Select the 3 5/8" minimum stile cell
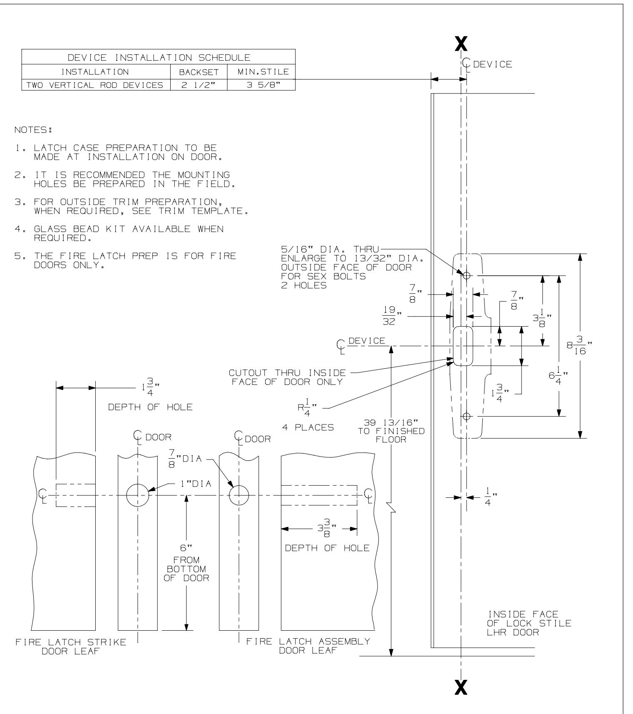(261, 85)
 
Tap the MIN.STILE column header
(261, 72)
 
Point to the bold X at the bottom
(461, 686)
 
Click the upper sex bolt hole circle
(467, 275)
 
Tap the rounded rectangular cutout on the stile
(463, 346)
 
